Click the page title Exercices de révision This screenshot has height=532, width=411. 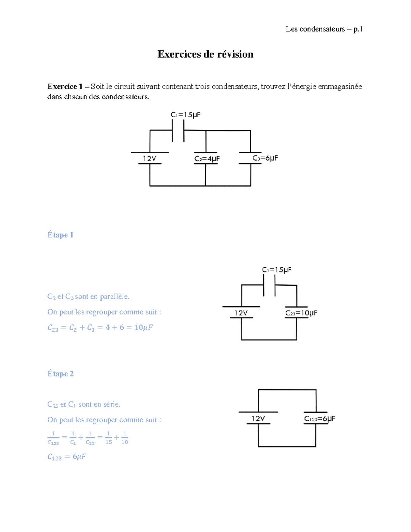click(205, 54)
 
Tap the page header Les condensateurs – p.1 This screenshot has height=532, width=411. click(324, 29)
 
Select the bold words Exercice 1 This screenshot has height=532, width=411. click(65, 86)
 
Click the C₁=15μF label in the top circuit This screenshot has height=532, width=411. click(185, 115)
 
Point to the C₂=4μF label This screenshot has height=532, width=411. click(207, 159)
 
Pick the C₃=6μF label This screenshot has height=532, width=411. click(265, 158)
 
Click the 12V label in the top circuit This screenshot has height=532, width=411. click(150, 158)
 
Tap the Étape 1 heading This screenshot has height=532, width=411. click(60, 235)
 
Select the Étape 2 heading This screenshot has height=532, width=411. click(61, 374)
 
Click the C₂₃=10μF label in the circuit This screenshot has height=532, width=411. click(301, 313)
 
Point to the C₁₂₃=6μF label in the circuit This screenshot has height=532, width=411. click(320, 419)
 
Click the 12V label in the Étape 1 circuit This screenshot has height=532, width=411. click(241, 313)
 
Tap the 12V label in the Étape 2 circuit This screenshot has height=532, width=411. click(258, 419)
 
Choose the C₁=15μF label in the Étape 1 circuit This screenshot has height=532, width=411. click(277, 270)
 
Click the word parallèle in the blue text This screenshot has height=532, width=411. click(114, 297)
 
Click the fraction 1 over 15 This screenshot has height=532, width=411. click(108, 438)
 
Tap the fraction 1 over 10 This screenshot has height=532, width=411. click(125, 438)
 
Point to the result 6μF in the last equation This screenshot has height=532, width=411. click(79, 457)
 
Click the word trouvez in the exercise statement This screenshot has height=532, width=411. click(273, 86)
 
